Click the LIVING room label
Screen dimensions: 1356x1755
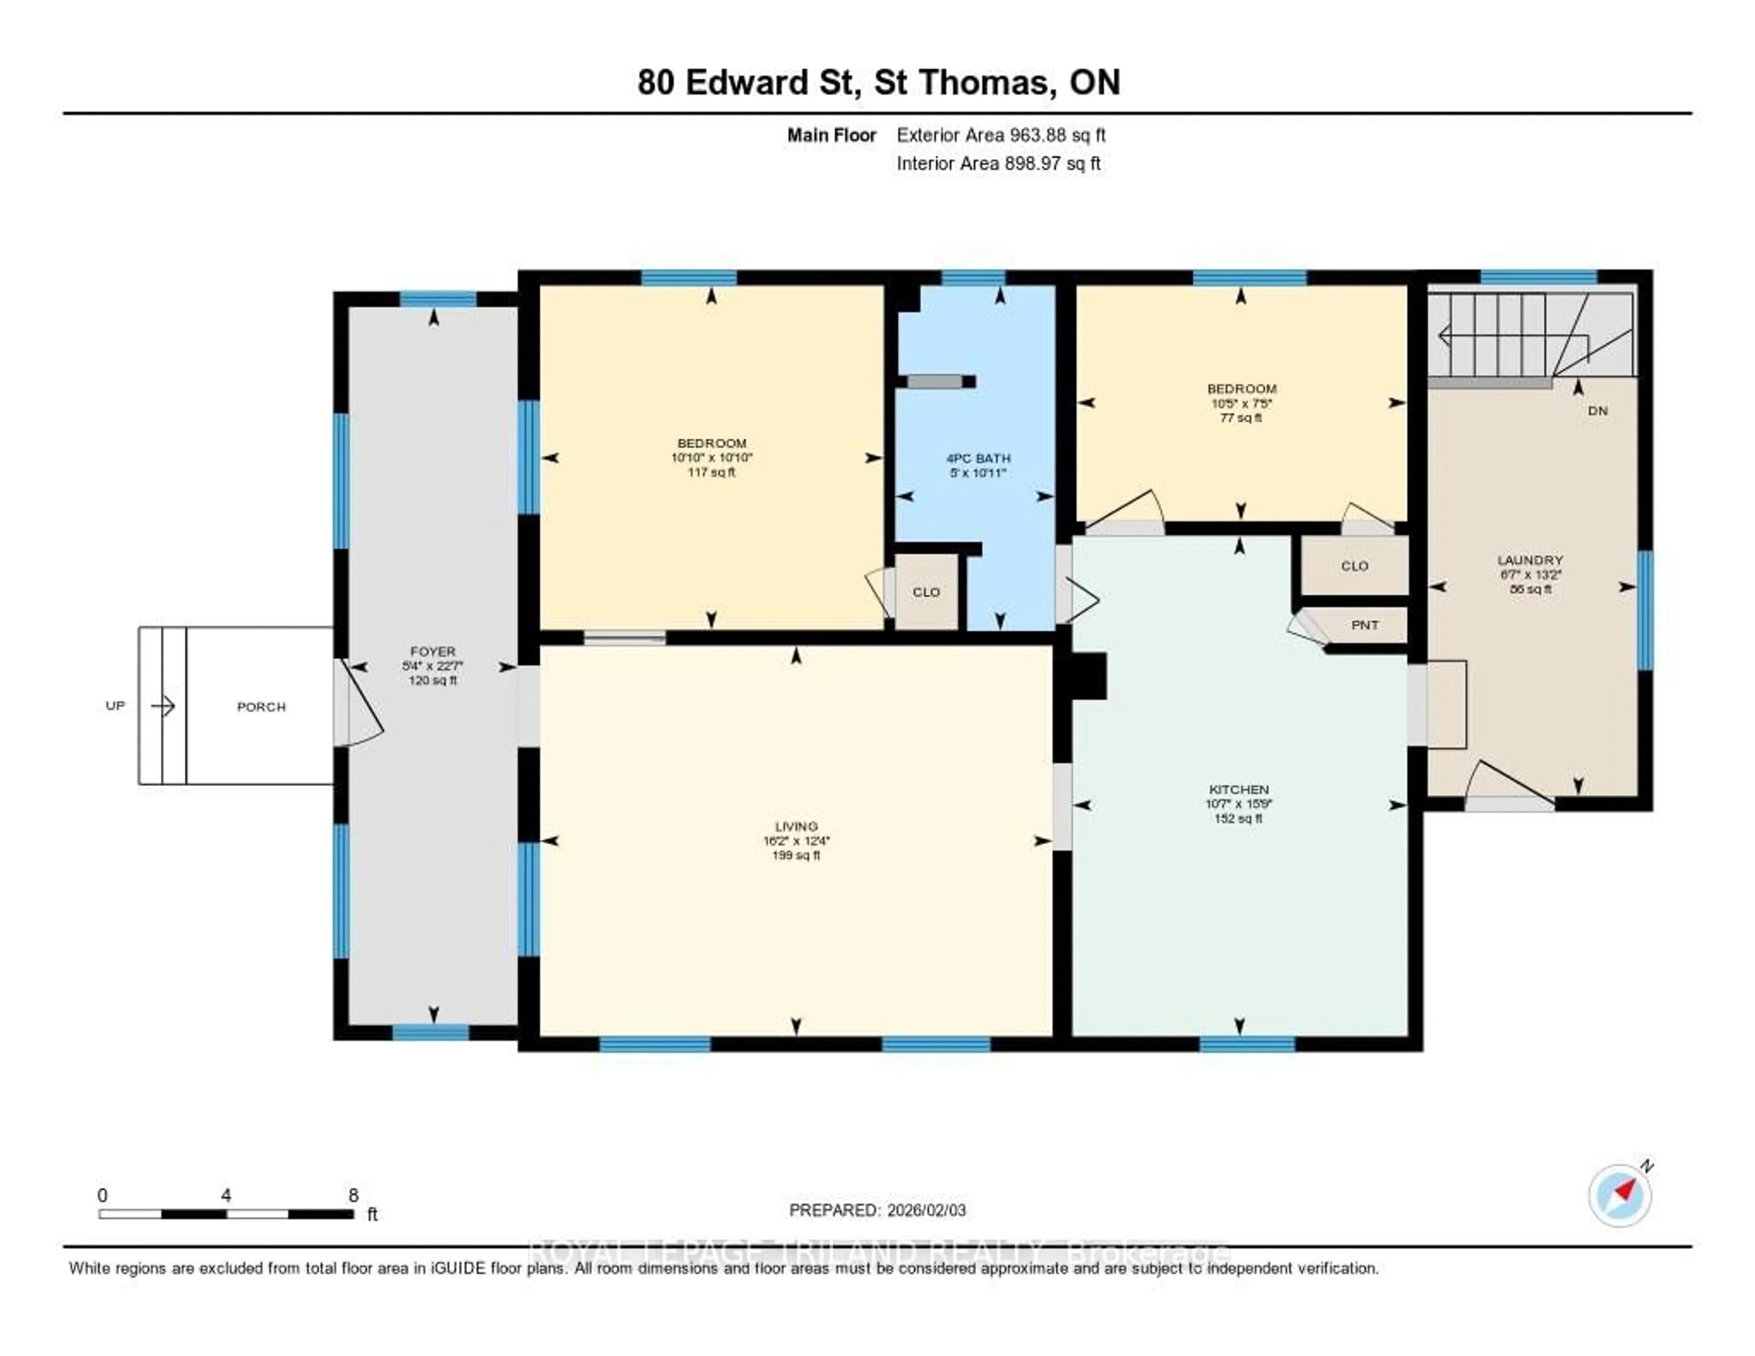point(796,826)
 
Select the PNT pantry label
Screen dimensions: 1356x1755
point(1364,625)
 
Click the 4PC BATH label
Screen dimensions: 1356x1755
point(978,458)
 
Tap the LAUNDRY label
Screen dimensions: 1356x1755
point(1529,560)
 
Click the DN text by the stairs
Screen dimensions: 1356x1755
point(1597,411)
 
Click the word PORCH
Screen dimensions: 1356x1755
point(261,706)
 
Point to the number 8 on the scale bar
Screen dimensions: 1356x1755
point(354,1195)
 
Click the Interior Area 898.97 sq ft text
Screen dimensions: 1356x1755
point(998,163)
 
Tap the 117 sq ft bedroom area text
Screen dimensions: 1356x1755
point(711,472)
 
